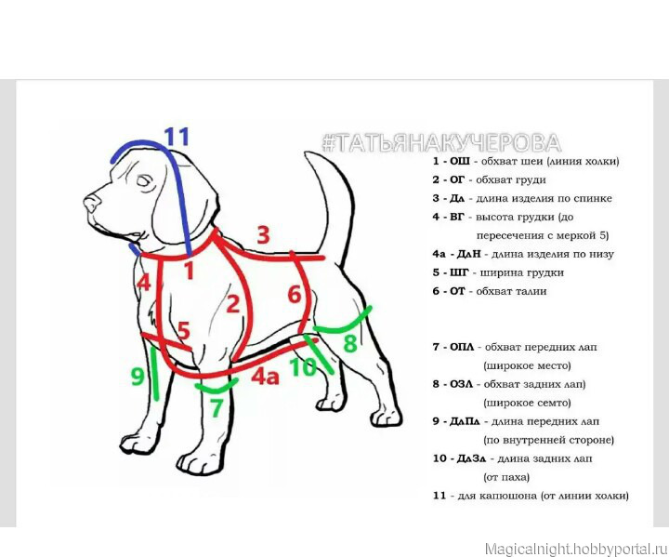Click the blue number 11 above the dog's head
click(177, 137)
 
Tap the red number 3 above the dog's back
click(263, 235)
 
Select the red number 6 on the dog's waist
click(295, 294)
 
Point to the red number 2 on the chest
click(232, 304)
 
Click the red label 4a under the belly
click(265, 377)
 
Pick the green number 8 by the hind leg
click(350, 343)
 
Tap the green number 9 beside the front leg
click(138, 377)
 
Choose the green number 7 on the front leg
click(216, 407)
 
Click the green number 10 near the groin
click(303, 367)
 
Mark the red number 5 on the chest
click(183, 331)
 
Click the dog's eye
click(145, 181)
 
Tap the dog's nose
click(90, 203)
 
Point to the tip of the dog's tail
click(307, 153)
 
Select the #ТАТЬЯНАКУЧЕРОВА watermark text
click(441, 142)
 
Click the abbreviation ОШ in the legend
click(460, 161)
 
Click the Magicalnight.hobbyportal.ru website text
click(576, 549)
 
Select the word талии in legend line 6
click(532, 291)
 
